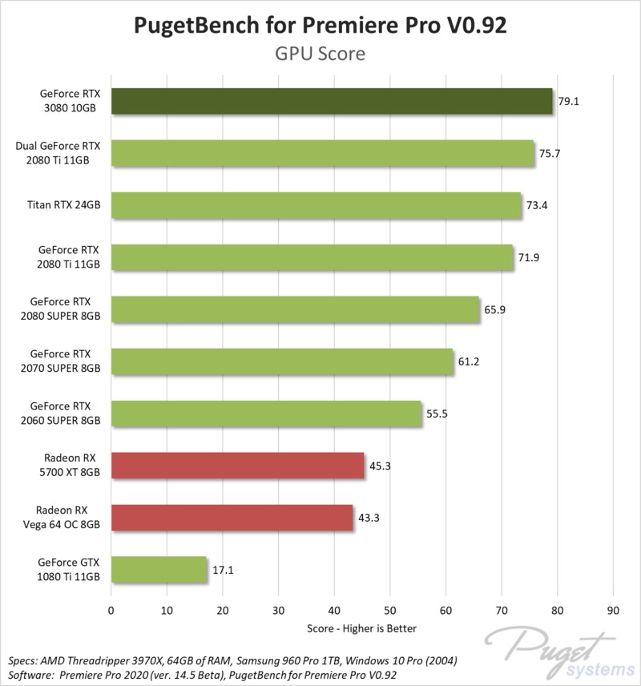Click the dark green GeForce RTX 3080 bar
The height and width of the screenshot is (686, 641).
click(332, 102)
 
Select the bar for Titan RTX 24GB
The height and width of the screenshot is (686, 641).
click(316, 205)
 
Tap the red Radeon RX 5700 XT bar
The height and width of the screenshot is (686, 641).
click(237, 466)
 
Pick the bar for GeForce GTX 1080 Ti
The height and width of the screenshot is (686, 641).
click(159, 570)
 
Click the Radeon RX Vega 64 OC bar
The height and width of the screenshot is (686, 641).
click(232, 518)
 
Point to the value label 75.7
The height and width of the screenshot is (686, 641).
click(550, 153)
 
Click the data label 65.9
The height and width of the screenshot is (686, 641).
click(495, 309)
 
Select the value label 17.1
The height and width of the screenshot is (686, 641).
click(223, 570)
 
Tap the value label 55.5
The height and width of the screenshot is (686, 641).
click(437, 414)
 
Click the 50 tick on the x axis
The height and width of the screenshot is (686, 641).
click(389, 611)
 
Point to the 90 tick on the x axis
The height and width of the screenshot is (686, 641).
click(613, 611)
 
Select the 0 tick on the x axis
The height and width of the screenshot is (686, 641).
click(111, 611)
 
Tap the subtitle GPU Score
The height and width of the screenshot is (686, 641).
click(320, 54)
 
